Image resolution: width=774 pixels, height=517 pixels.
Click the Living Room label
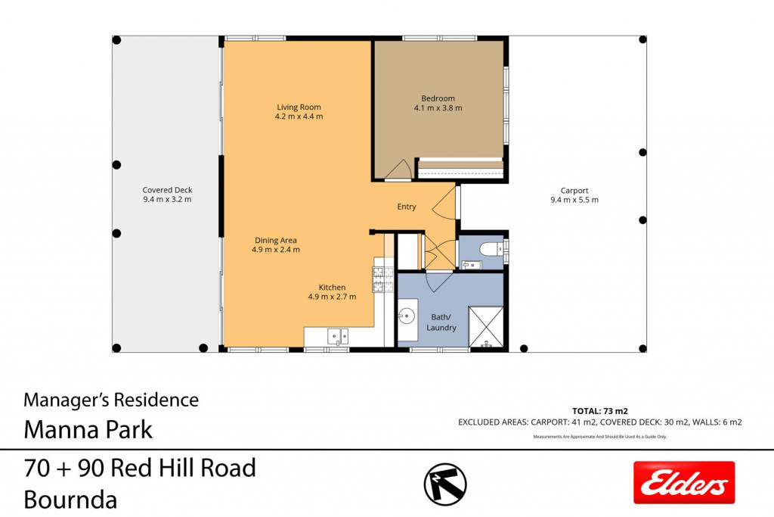tap(299, 107)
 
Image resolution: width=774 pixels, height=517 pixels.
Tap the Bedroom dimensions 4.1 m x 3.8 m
tap(438, 107)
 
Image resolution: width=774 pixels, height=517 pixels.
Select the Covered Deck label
tap(167, 190)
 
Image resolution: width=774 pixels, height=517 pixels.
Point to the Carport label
tap(574, 190)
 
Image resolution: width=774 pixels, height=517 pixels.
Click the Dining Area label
tap(275, 240)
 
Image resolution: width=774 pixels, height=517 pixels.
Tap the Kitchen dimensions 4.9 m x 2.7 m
tap(332, 297)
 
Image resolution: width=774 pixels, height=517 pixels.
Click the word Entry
tap(406, 207)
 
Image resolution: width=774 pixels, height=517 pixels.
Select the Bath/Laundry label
tap(441, 322)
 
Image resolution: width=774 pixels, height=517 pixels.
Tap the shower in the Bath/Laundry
tap(486, 327)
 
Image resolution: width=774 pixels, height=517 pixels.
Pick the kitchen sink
tap(338, 337)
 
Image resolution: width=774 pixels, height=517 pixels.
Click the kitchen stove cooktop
tap(383, 279)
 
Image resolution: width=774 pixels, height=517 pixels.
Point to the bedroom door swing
tap(398, 170)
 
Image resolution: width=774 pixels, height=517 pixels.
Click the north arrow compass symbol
tap(445, 484)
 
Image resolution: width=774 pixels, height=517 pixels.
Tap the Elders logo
tap(684, 482)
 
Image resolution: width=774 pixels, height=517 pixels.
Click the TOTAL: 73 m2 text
tap(599, 411)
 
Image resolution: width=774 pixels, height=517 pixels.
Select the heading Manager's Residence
tap(111, 400)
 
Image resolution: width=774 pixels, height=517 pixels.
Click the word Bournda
tap(70, 499)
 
